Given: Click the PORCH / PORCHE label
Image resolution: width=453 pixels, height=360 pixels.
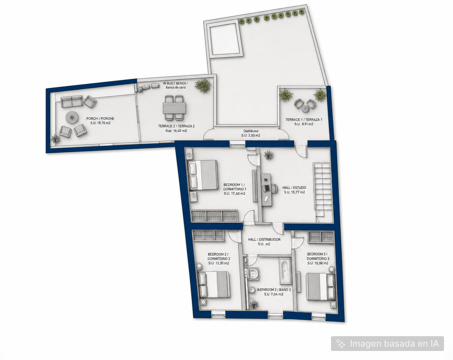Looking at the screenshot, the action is (100, 119).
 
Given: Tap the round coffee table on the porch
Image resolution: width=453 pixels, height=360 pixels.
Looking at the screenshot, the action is (72, 117).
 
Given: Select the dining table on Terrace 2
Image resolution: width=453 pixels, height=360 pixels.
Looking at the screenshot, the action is (175, 108).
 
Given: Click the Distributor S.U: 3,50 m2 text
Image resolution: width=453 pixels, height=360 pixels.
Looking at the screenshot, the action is (251, 133).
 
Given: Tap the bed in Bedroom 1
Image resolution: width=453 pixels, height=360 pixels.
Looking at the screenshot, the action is (203, 175).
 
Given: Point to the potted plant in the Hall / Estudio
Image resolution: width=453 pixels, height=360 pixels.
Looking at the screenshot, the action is (269, 155).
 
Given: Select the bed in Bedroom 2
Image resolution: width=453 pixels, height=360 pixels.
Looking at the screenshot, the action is (213, 285).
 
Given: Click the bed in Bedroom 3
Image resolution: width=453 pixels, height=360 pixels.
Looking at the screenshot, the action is (320, 287).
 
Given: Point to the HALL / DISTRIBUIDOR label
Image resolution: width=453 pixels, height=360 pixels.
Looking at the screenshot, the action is (264, 240).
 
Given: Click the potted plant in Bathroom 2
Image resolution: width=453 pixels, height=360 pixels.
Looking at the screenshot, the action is (254, 304).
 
